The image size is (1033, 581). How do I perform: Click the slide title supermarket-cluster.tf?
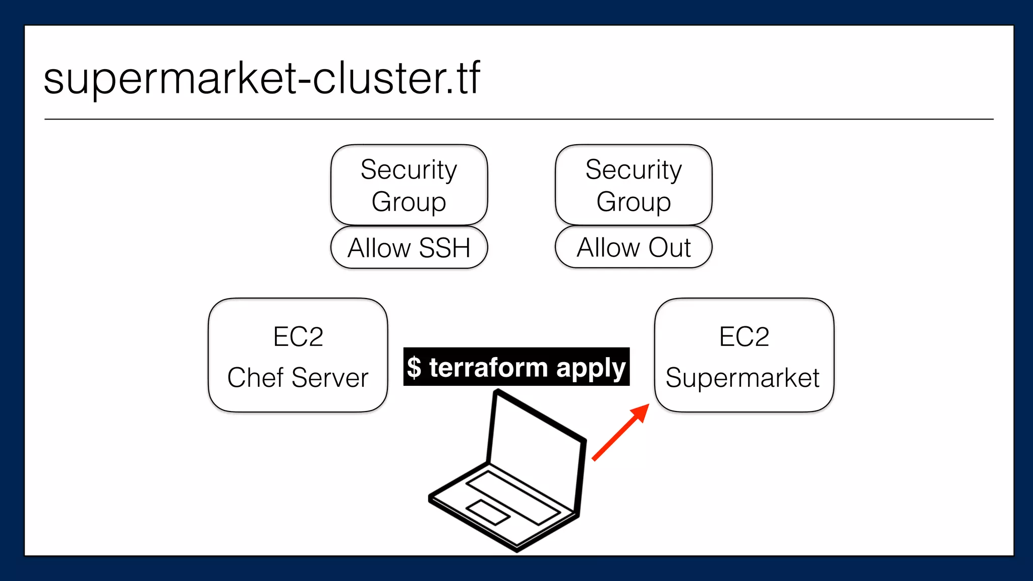(x=262, y=79)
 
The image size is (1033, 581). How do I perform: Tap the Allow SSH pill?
(x=409, y=248)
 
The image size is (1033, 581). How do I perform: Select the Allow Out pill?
(x=634, y=247)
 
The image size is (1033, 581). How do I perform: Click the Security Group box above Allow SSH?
(x=409, y=185)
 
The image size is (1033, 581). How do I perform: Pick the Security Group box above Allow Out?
(x=634, y=185)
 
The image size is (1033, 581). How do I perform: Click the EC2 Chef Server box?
(x=298, y=356)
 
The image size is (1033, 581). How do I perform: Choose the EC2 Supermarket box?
(x=744, y=356)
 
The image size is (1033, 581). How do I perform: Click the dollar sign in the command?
(x=414, y=368)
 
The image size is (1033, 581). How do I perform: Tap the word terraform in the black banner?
(x=488, y=367)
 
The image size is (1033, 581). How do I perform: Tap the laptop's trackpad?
(x=488, y=512)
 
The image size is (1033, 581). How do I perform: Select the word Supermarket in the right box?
(x=742, y=378)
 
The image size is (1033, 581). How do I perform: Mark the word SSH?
(x=444, y=248)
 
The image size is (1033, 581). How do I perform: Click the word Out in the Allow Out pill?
(x=669, y=248)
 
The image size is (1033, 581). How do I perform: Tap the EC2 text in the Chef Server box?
(x=298, y=337)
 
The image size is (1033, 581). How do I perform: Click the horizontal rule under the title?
(x=519, y=120)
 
